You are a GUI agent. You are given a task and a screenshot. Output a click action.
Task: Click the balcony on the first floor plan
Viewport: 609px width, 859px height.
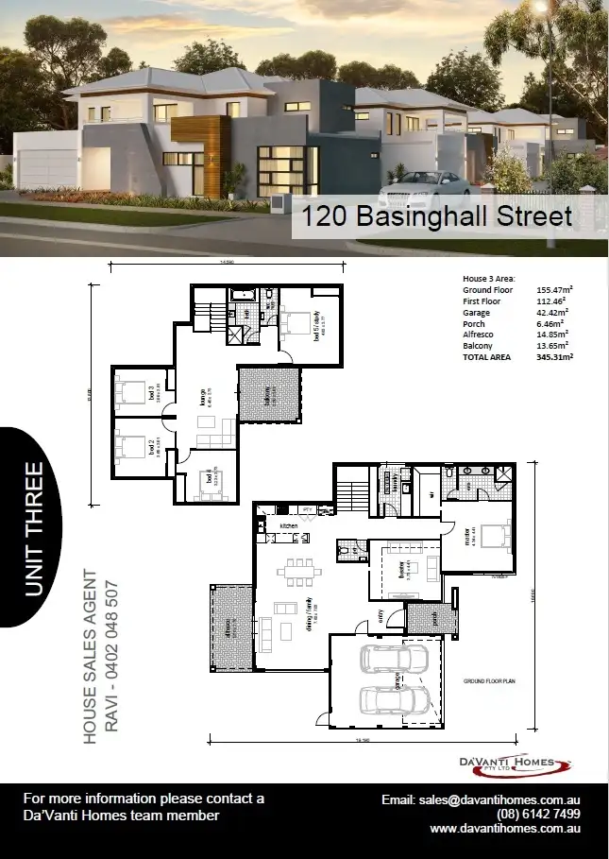[x=268, y=395]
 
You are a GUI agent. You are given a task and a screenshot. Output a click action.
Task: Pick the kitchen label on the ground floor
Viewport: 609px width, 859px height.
[x=288, y=524]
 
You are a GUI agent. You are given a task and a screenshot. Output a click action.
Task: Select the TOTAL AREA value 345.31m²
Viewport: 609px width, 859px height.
[x=555, y=357]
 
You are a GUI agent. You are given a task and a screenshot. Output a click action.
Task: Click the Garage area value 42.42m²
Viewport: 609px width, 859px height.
[x=555, y=313]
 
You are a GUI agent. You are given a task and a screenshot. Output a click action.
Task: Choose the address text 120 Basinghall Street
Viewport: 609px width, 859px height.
[x=435, y=217]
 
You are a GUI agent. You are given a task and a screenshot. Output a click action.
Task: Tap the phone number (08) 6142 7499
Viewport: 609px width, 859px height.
[x=538, y=814]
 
